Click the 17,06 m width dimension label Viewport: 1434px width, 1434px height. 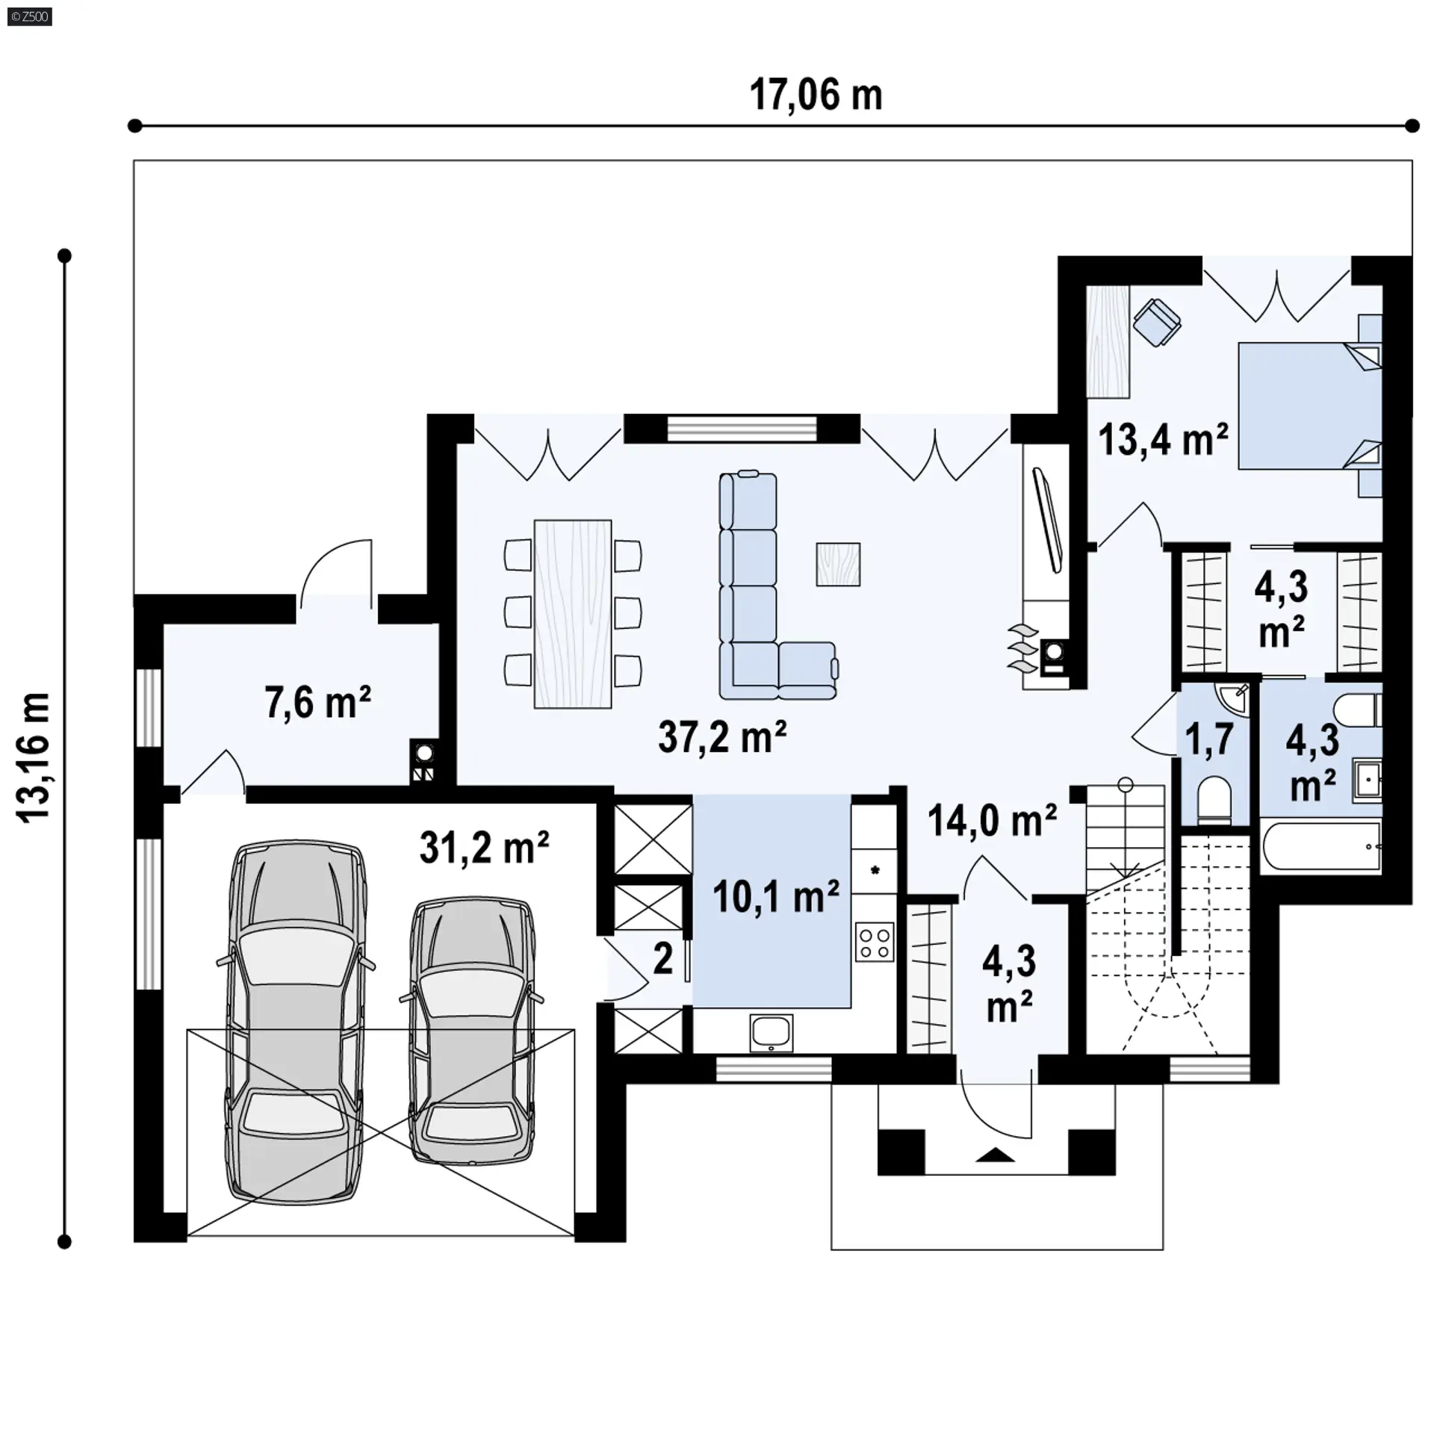click(x=816, y=96)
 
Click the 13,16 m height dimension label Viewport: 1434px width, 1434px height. click(x=35, y=757)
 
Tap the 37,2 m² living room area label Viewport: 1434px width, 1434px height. click(x=722, y=737)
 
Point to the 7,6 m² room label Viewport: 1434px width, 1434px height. click(x=318, y=702)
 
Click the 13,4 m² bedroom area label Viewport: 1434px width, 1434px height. click(x=1163, y=439)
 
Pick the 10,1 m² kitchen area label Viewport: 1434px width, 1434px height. click(x=776, y=896)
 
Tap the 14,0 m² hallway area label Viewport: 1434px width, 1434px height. click(x=992, y=821)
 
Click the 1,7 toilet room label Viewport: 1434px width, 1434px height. click(x=1209, y=739)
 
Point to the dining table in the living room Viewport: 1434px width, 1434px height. click(x=573, y=614)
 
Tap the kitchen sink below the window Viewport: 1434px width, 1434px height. click(x=772, y=1033)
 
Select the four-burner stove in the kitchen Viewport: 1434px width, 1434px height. click(x=875, y=943)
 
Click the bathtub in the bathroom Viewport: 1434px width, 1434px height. click(x=1320, y=846)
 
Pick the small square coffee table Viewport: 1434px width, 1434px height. click(x=838, y=564)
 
